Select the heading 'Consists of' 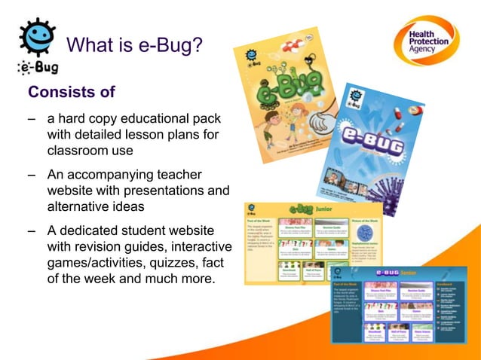point(71,93)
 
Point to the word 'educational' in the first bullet point(146,119)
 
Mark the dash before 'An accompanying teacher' point(32,175)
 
